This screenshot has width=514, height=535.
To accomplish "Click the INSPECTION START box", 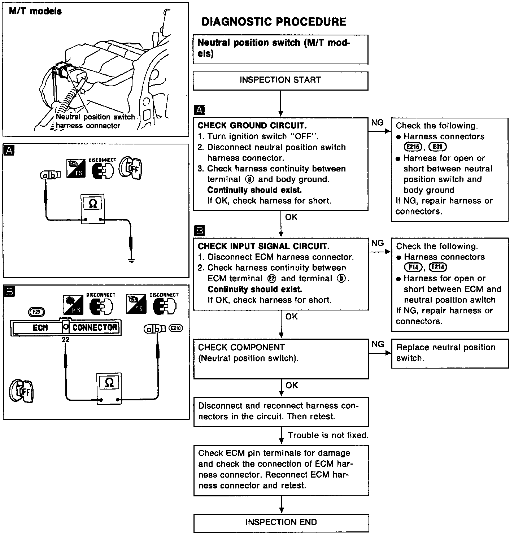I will pyautogui.click(x=280, y=80).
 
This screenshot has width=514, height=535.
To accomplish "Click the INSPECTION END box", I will pyautogui.click(x=281, y=522).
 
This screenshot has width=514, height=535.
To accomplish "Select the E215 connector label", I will pyautogui.click(x=413, y=147).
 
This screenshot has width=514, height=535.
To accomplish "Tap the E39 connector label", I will pyautogui.click(x=437, y=147).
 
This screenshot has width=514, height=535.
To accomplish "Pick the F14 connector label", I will pyautogui.click(x=413, y=267).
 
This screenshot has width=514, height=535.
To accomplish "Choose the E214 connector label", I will pyautogui.click(x=437, y=267).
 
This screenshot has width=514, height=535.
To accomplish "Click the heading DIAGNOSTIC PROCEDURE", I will pyautogui.click(x=274, y=22).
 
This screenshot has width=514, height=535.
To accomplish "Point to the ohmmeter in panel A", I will pyautogui.click(x=93, y=209).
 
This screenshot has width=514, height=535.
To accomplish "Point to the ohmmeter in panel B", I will pyautogui.click(x=109, y=388).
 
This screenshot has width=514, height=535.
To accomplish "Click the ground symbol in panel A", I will pyautogui.click(x=131, y=261).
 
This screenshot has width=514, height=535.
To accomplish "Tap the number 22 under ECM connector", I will pyautogui.click(x=65, y=340).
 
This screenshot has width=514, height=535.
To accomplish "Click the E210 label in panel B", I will pyautogui.click(x=176, y=329).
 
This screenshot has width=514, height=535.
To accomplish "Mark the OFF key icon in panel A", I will pyautogui.click(x=131, y=168).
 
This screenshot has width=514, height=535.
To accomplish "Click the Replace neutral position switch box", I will pyautogui.click(x=450, y=353).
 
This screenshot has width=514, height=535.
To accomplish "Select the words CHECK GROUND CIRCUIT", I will pyautogui.click(x=252, y=126).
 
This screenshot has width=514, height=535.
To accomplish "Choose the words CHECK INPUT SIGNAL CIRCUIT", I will pyautogui.click(x=263, y=246).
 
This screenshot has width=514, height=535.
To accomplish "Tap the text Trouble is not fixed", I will pyautogui.click(x=328, y=435).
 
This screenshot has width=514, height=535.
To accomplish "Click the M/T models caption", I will pyautogui.click(x=35, y=11).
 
